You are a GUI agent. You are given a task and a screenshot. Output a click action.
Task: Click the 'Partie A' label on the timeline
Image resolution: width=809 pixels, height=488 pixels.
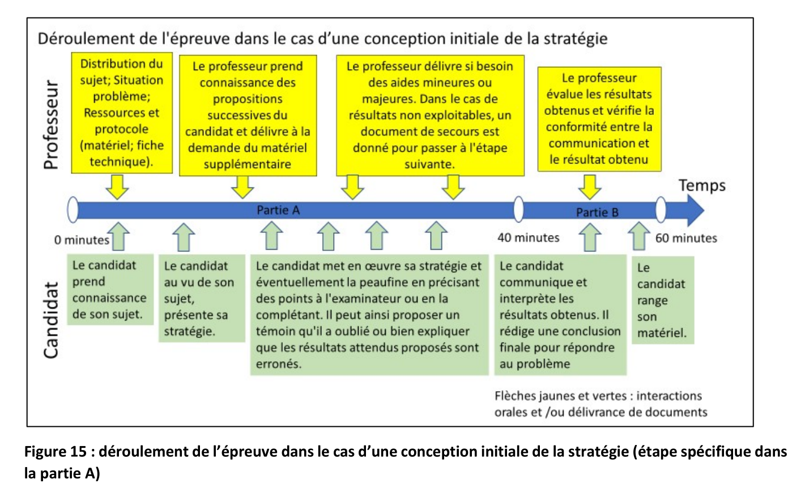coord(278,210)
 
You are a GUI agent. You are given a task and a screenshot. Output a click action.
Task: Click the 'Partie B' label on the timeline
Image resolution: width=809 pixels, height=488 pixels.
coord(597,212)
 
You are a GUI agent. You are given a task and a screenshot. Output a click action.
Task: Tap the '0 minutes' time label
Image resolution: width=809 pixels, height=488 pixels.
coord(82,240)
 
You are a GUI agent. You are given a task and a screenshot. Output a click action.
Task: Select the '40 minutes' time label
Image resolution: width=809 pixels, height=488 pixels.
coord(529,238)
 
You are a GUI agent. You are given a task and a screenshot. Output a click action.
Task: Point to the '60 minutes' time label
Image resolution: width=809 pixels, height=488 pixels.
coord(686,238)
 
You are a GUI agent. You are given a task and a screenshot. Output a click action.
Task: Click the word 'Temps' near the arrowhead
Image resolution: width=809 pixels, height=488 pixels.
coord(702,185)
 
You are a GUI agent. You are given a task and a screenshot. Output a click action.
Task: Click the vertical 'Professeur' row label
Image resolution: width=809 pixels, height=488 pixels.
coord(50,125)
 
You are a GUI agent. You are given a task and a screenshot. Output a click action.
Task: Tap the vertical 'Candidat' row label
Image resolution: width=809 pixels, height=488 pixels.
coord(50,320)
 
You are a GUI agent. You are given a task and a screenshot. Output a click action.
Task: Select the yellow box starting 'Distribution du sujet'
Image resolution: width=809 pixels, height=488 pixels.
coord(122,113)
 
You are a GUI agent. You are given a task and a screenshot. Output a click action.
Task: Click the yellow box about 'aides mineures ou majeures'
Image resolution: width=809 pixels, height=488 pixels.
coord(430,115)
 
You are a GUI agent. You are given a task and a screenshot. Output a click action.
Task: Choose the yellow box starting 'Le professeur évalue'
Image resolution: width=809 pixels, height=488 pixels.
coord(599,119)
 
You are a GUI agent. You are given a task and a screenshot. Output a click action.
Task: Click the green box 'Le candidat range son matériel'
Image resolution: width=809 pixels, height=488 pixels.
coord(663,300)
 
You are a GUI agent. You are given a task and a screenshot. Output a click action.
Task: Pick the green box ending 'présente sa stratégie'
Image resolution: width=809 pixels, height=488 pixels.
coord(202,298)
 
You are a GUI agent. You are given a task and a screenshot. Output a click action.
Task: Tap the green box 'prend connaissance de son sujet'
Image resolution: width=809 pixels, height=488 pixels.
coord(110,289)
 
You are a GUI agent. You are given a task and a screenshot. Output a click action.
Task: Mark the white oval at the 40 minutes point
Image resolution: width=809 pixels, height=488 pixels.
coord(518,209)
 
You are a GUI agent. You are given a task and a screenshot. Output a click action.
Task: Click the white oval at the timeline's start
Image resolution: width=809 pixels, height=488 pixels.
coord(73,209)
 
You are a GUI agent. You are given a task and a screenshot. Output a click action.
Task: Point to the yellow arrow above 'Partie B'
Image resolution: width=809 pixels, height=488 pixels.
coord(590,187)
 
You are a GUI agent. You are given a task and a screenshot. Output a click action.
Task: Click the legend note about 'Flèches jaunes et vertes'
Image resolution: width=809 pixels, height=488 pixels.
coord(601,404)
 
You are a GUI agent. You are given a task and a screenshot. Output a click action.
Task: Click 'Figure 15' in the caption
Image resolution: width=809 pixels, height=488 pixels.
coord(56,452)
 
